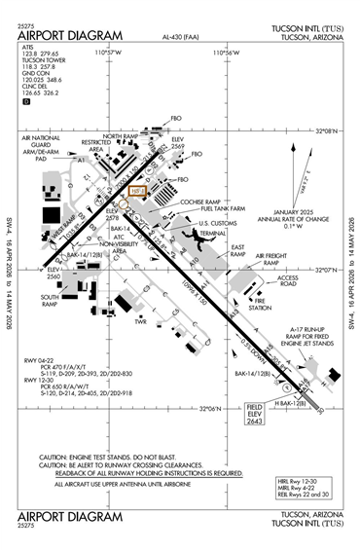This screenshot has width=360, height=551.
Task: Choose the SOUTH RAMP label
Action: click(x=51, y=298)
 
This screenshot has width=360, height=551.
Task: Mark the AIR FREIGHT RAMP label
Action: click(x=271, y=259)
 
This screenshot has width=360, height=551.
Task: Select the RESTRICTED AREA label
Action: click(x=95, y=146)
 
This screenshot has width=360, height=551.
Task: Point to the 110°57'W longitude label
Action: click(x=109, y=55)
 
